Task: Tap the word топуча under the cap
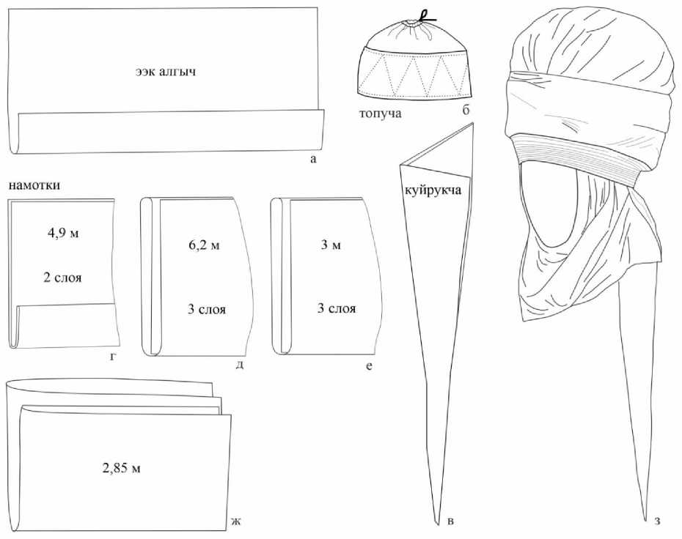(x=381, y=114)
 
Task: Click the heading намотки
(x=34, y=185)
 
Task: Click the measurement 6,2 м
(x=199, y=245)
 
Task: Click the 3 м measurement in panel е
(x=331, y=245)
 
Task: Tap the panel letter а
(x=312, y=159)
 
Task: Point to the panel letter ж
(x=235, y=521)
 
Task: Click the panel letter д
(x=239, y=363)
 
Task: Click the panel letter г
(x=110, y=357)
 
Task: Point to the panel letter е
(x=369, y=363)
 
